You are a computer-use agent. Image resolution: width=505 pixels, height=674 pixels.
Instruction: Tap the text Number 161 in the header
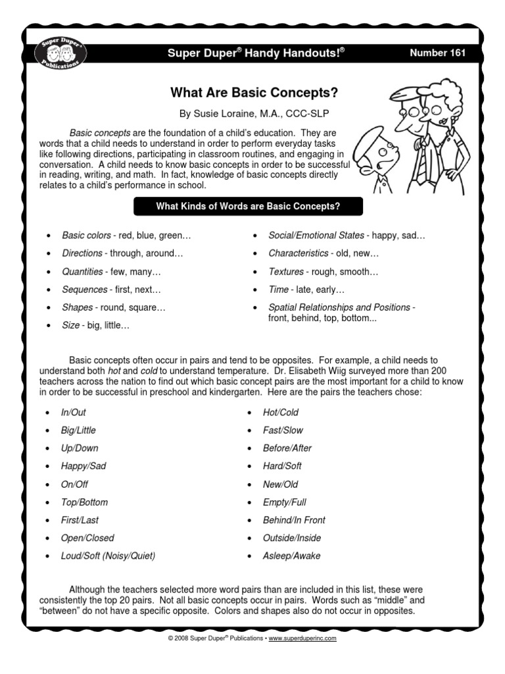pyautogui.click(x=437, y=53)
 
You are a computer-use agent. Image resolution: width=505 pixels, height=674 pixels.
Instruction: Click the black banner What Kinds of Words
pyautogui.click(x=247, y=207)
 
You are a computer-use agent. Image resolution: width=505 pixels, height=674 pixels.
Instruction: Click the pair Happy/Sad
pyautogui.click(x=83, y=466)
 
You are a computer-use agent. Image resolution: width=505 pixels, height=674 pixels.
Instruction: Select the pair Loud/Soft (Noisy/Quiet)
pyautogui.click(x=108, y=556)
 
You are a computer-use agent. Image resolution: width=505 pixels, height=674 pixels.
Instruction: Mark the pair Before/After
pyautogui.click(x=287, y=448)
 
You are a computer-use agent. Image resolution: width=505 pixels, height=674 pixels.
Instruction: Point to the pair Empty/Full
pyautogui.click(x=285, y=502)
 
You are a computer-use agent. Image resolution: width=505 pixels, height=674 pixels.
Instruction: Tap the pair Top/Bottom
pyautogui.click(x=84, y=502)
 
